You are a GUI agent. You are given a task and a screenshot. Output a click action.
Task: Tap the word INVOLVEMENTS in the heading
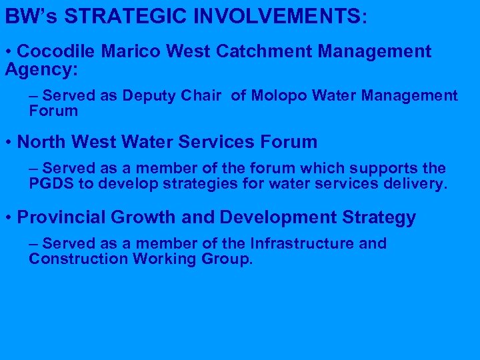pyautogui.click(x=280, y=15)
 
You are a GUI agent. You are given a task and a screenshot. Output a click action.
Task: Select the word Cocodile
pyautogui.click(x=57, y=51)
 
